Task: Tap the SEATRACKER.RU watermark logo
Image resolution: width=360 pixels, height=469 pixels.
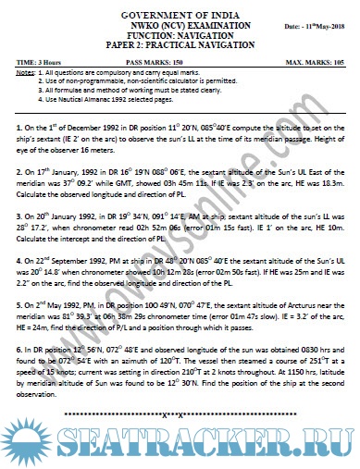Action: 180,451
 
